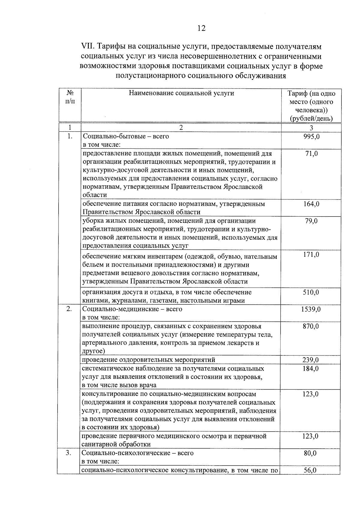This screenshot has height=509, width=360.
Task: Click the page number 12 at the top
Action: [x=201, y=28]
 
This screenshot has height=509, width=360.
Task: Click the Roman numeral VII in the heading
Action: [x=88, y=47]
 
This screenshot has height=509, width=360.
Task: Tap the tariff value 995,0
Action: [x=311, y=136]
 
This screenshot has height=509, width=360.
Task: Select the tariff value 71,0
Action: [x=311, y=154]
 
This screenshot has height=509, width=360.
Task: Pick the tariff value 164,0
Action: [x=311, y=204]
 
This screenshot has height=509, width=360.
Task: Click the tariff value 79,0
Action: [x=311, y=221]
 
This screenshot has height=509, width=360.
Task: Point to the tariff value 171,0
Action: [x=311, y=255]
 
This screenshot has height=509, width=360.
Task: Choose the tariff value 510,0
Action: [x=311, y=292]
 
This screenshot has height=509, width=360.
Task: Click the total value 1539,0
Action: [x=311, y=309]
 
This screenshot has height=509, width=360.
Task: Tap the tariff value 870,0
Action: [x=311, y=326]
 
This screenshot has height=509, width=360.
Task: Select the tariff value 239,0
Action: [x=311, y=360]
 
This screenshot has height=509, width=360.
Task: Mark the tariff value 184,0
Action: [x=311, y=368]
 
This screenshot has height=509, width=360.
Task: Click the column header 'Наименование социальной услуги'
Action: [x=181, y=93]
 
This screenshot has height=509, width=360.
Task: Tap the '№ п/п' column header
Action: [x=70, y=97]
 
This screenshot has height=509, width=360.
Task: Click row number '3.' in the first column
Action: [x=69, y=453]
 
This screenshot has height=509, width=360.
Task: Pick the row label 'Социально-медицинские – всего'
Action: [x=132, y=309]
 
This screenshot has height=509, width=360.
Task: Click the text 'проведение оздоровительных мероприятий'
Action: [x=148, y=360]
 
